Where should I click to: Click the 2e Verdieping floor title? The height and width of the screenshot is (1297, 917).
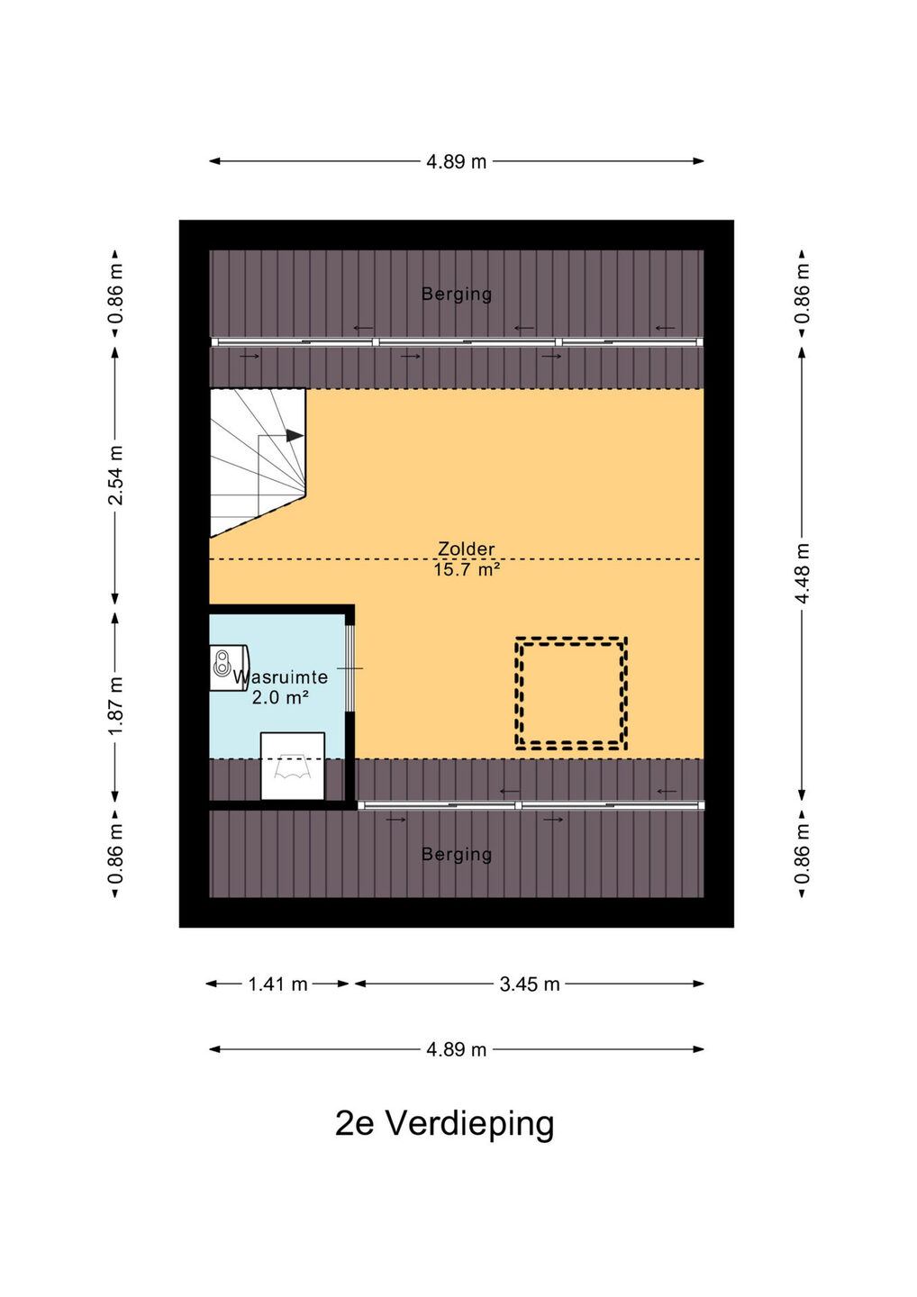click(445, 1123)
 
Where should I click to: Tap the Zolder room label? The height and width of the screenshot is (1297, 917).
click(466, 549)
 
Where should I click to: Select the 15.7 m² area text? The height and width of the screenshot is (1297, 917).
click(467, 570)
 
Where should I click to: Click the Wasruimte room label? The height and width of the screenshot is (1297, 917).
click(281, 677)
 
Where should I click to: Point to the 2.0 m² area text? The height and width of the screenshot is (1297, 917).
click(280, 698)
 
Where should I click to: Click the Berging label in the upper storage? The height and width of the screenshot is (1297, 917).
click(457, 295)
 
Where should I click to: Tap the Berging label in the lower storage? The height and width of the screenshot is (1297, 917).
click(457, 854)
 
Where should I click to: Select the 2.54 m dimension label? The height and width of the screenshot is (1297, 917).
click(116, 476)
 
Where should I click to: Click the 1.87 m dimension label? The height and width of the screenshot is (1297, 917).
click(116, 704)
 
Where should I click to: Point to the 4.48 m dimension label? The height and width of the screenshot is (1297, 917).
click(802, 573)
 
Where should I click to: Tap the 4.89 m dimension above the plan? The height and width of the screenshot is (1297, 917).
click(456, 161)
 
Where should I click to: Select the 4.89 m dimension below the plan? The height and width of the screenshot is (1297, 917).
click(456, 1049)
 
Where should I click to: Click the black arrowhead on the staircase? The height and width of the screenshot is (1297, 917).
click(295, 436)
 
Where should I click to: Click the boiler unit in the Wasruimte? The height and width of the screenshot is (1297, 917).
click(229, 668)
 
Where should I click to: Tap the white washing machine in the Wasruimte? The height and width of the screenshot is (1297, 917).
click(293, 766)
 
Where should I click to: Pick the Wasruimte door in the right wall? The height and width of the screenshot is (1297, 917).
click(350, 667)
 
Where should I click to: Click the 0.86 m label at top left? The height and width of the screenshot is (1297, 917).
click(116, 294)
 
